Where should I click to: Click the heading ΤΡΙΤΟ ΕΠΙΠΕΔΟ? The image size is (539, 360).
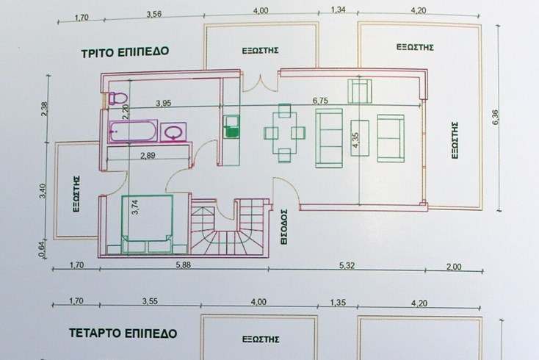coord(125,52)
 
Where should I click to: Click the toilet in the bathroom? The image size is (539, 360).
coord(115,98)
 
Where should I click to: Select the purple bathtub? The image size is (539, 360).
coord(133,132)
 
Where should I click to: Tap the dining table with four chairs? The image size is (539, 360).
coord(283,132)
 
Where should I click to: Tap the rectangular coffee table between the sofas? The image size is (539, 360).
coord(360,134)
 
